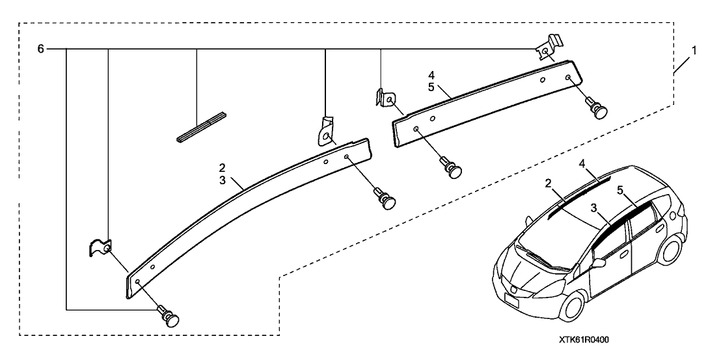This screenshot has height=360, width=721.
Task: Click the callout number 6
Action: [x=41, y=49]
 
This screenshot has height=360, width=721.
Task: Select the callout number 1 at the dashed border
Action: [x=694, y=49]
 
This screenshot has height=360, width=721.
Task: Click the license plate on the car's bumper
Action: [x=511, y=301]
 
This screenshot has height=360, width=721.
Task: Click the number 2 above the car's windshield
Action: [x=549, y=185]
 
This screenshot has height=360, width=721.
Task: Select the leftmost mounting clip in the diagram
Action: [x=100, y=247]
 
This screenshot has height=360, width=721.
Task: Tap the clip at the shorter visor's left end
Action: [x=386, y=98]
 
